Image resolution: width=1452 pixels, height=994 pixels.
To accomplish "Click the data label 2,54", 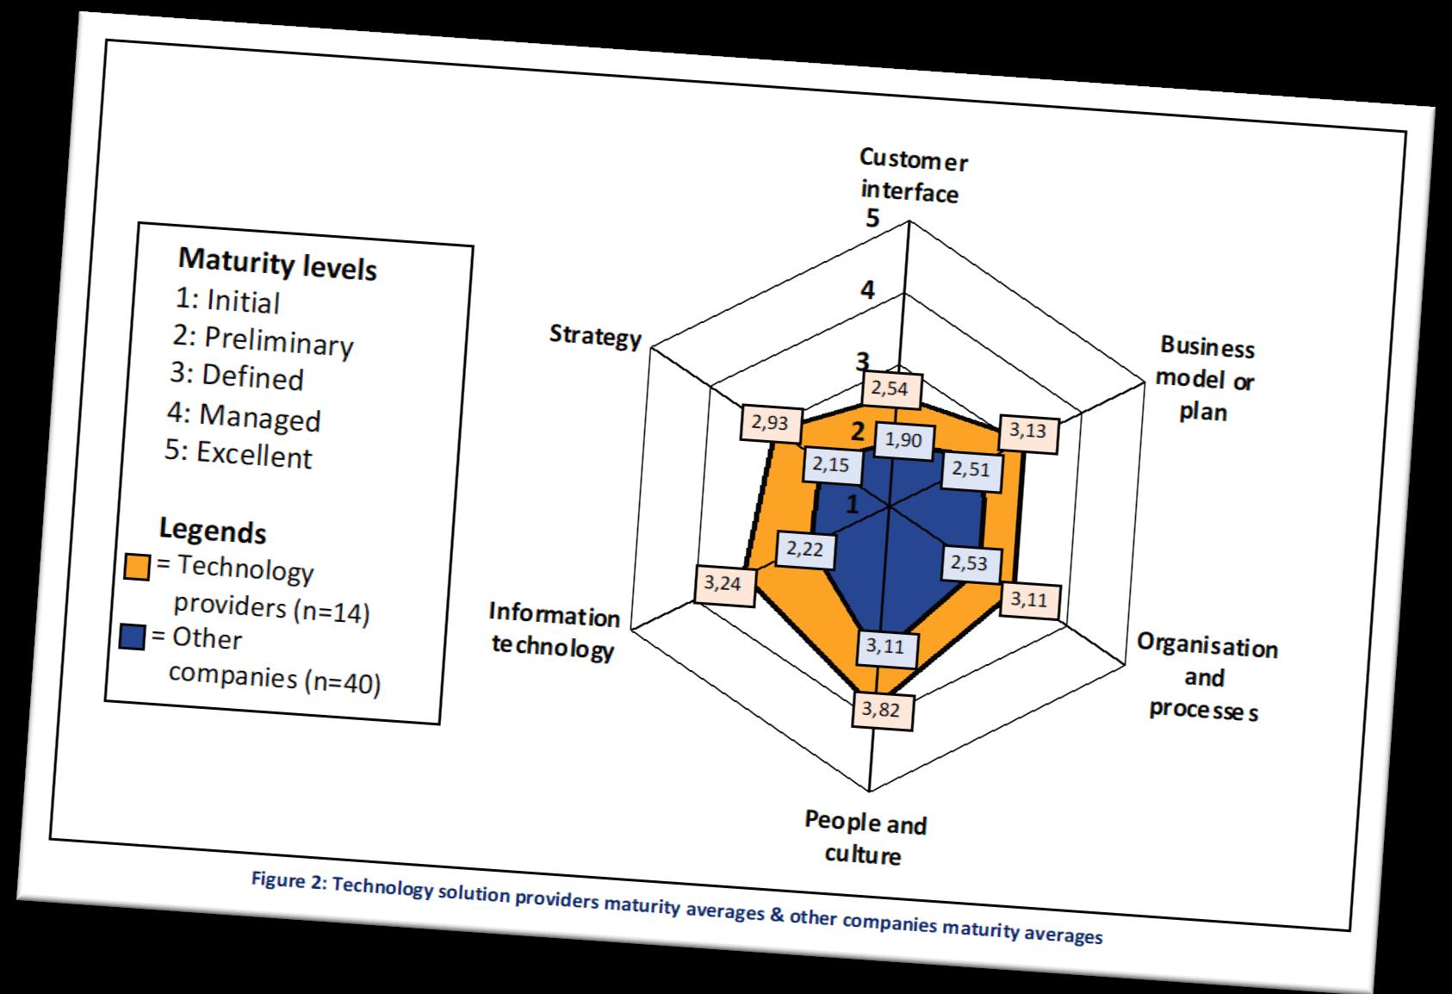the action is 890,388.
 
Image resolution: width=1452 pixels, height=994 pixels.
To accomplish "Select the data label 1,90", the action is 903,440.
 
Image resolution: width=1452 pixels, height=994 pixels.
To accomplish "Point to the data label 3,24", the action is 722,583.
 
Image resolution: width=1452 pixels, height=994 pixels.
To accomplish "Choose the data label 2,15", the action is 831,466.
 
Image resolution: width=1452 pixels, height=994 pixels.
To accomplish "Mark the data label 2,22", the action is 805,548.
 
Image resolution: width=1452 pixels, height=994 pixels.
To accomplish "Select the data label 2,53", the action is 970,564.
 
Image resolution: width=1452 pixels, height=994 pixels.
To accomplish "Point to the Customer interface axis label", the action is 911,177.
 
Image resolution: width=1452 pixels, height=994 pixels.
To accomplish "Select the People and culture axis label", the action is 865,837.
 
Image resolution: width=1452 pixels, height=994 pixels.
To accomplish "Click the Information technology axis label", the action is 553,631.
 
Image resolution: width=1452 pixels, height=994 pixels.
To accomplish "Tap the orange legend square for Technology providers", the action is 137,566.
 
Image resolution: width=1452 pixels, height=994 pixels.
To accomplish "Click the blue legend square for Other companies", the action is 133,637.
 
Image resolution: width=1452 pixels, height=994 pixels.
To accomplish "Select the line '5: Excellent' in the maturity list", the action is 239,453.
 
